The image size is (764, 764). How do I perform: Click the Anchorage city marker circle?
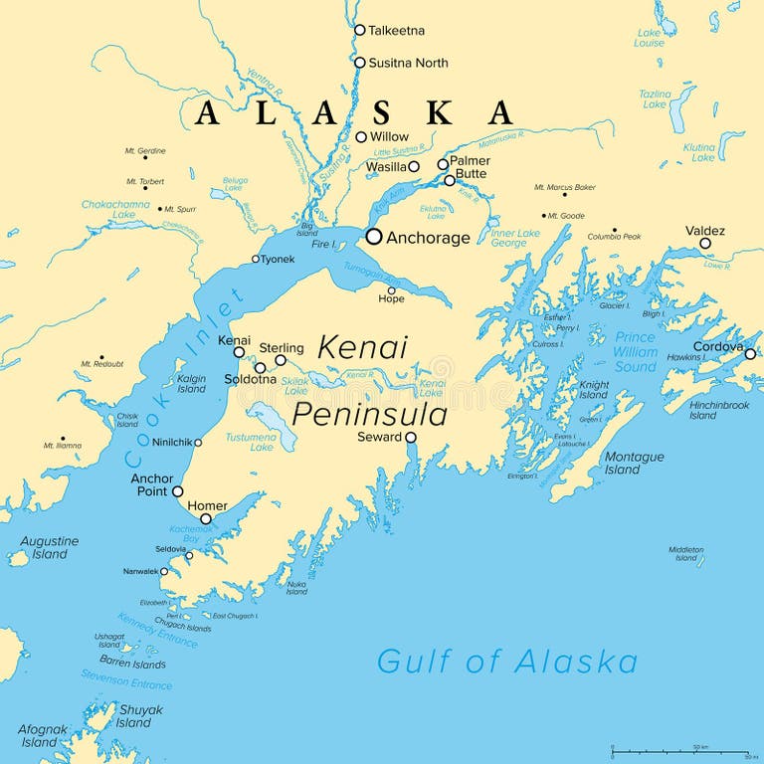[374, 237]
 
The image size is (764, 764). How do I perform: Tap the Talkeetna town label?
[396, 31]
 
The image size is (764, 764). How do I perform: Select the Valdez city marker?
[705, 243]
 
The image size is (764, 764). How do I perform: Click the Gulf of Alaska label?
[506, 662]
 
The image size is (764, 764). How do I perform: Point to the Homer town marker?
[206, 518]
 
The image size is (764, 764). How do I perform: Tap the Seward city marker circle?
[410, 437]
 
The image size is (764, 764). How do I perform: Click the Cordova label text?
[717, 347]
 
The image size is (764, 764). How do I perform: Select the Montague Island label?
[636, 463]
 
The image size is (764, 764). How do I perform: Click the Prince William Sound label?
[635, 351]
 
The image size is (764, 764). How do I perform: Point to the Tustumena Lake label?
[249, 442]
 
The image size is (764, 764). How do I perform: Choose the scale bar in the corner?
[679, 752]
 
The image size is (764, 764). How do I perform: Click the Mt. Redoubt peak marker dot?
[100, 356]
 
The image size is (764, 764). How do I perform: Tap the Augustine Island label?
[49, 548]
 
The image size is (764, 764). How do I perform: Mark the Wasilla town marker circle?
[414, 166]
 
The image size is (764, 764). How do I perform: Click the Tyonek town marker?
[256, 259]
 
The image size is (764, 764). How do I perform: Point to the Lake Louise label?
[650, 38]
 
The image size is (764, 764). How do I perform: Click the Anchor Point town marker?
[177, 491]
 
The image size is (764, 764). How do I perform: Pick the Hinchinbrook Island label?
[716, 410]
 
